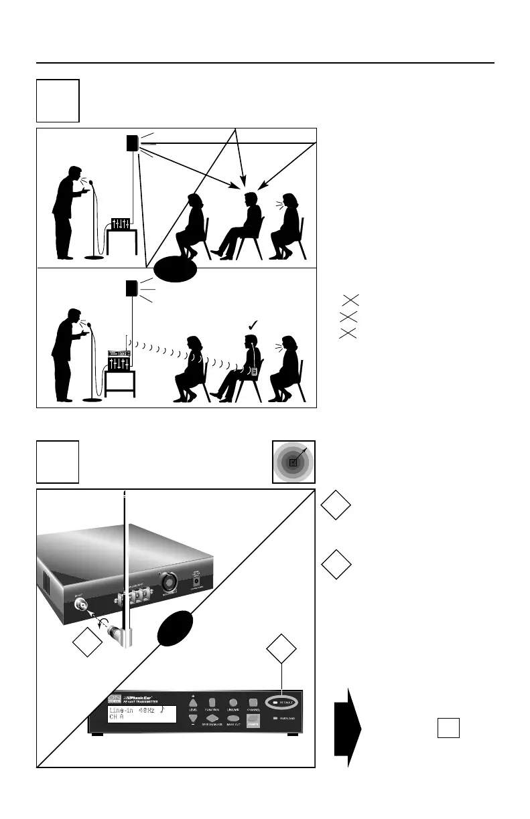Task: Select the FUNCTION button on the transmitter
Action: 212,702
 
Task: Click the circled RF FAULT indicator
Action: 284,703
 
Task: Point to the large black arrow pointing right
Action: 348,728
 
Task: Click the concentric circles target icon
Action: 293,462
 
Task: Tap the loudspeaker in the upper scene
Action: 132,144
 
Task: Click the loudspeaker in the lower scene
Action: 132,288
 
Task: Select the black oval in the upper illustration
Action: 176,272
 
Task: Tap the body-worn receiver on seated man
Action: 253,370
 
